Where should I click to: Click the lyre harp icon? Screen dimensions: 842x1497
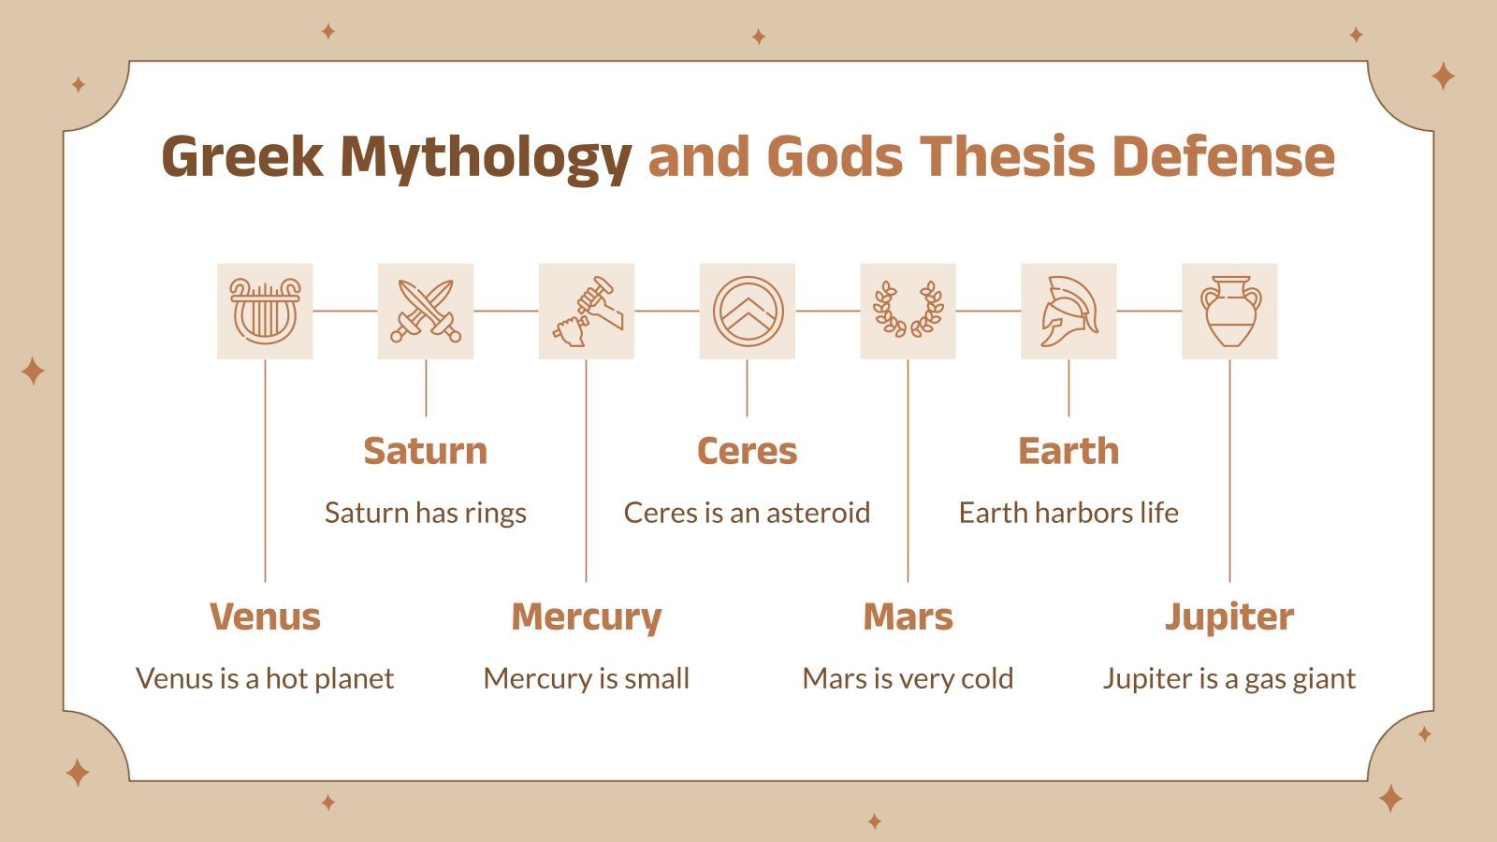tap(265, 312)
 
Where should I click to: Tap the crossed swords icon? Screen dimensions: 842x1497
tap(426, 312)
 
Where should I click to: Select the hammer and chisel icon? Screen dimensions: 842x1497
tap(587, 312)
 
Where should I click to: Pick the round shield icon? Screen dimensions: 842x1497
tap(747, 312)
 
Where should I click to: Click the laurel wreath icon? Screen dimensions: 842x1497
tap(908, 312)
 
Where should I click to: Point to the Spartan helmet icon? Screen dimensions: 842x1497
tap(1068, 312)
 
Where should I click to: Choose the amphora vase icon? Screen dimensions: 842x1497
tap(1229, 312)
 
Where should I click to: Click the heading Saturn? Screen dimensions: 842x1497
tap(426, 451)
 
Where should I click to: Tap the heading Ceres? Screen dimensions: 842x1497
tap(747, 451)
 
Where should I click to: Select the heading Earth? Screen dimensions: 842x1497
tap(1068, 451)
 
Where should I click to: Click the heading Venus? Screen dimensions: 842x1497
tap(265, 617)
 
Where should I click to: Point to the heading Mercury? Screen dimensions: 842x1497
tap(587, 617)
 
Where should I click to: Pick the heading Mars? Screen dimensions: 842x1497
tap(908, 617)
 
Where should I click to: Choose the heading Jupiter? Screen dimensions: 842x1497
tap(1229, 617)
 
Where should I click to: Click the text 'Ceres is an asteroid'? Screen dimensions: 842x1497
tap(747, 513)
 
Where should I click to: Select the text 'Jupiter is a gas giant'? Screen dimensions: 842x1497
tap(1229, 678)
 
